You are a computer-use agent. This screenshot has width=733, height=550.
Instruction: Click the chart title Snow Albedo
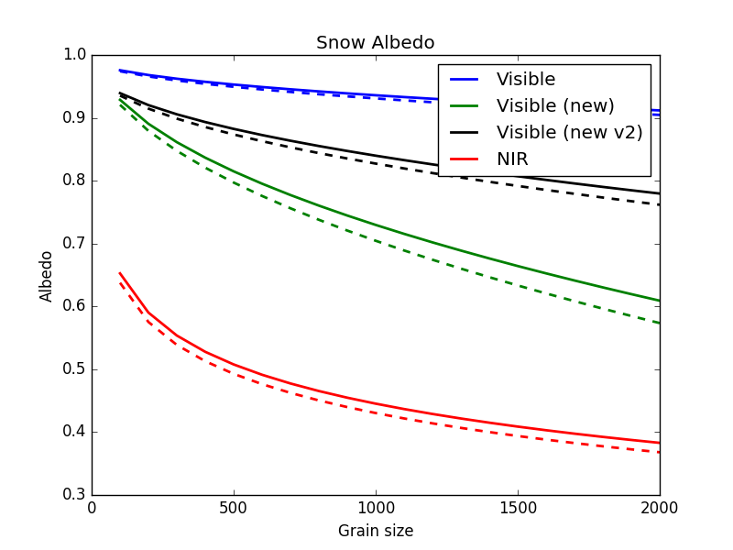(x=376, y=42)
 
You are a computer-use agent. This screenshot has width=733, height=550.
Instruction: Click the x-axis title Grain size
(x=376, y=531)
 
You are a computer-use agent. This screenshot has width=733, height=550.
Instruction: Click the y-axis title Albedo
(x=45, y=277)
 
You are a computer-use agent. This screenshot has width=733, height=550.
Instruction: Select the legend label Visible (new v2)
(x=569, y=132)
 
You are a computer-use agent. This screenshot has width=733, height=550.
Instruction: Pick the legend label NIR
(x=512, y=159)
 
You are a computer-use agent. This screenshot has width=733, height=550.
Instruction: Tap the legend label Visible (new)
(x=555, y=105)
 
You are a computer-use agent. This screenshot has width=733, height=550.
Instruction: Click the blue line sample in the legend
(x=465, y=80)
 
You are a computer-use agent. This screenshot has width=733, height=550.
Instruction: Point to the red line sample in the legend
(x=465, y=159)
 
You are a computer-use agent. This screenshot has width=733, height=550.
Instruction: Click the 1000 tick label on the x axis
(x=376, y=508)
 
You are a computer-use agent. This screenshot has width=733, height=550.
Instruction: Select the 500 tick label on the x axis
(x=234, y=508)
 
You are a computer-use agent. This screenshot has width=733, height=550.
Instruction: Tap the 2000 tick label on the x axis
(x=660, y=508)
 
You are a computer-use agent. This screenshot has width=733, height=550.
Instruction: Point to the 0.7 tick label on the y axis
(x=74, y=244)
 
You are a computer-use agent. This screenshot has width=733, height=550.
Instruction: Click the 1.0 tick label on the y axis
(x=74, y=55)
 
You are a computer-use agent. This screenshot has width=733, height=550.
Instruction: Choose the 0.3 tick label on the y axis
(x=74, y=494)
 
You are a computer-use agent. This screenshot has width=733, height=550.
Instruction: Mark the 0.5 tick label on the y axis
(x=74, y=369)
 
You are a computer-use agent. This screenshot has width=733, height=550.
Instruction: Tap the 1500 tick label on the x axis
(x=518, y=508)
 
